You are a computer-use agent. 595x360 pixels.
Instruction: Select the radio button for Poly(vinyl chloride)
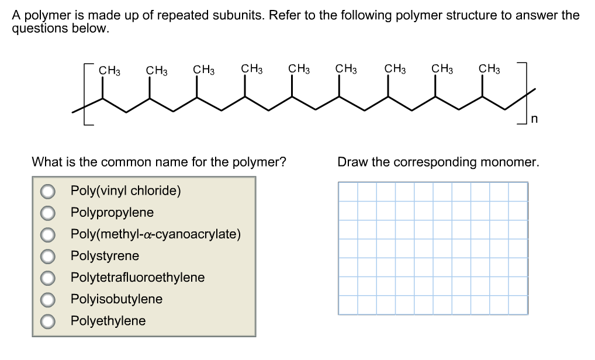click(48, 191)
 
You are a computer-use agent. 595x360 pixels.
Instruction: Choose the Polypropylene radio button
click(48, 213)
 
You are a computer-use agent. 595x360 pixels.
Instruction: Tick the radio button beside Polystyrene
click(48, 256)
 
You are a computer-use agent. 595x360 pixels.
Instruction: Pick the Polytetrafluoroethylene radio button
click(48, 278)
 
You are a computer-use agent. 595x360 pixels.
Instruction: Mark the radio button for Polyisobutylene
click(48, 299)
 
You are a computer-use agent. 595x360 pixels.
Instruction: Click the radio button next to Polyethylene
click(48, 321)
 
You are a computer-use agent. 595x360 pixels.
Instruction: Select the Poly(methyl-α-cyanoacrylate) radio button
click(48, 234)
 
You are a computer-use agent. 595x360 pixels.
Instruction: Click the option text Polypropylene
click(112, 213)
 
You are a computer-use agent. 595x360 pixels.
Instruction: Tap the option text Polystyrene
click(105, 256)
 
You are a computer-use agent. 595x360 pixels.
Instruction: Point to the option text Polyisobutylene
click(116, 299)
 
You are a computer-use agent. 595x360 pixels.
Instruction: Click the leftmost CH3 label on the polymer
click(109, 70)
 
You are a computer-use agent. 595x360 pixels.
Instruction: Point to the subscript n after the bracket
click(534, 120)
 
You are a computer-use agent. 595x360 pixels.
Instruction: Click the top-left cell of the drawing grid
click(348, 192)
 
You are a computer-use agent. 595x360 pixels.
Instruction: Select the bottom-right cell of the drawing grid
click(518, 304)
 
